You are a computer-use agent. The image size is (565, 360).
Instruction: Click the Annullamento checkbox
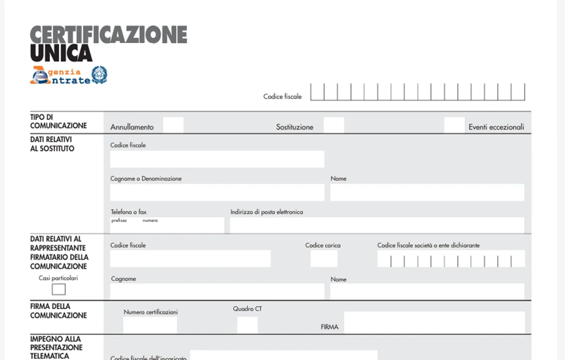(173, 125)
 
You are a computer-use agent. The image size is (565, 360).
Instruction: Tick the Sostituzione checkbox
(334, 125)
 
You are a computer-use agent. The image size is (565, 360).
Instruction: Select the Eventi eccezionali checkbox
(454, 125)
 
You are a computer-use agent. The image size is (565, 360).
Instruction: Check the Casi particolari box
(59, 289)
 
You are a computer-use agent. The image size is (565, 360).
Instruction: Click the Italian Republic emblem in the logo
(99, 75)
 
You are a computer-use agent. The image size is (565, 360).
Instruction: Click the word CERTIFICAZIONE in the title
(109, 35)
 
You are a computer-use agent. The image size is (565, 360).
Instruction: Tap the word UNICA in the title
(61, 53)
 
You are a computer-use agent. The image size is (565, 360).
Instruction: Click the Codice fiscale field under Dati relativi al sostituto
(217, 159)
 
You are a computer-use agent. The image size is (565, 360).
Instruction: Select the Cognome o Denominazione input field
(217, 192)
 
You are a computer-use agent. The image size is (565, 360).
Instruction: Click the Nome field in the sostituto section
(427, 192)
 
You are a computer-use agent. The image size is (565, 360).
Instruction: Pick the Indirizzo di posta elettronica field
(377, 225)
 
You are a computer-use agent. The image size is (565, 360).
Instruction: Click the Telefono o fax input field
(167, 226)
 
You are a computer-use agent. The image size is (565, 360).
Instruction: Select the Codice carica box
(324, 258)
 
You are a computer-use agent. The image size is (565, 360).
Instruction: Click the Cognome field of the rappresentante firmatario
(217, 291)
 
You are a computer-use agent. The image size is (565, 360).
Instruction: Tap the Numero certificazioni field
(150, 325)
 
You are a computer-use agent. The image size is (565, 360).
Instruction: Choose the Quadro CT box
(247, 325)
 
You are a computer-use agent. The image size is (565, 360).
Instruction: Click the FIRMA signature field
(434, 322)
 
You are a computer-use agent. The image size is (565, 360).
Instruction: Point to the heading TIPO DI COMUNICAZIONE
(58, 121)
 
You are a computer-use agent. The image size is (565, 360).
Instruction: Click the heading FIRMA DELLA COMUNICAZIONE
(58, 311)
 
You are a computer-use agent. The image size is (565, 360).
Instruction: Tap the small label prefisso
(119, 221)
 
